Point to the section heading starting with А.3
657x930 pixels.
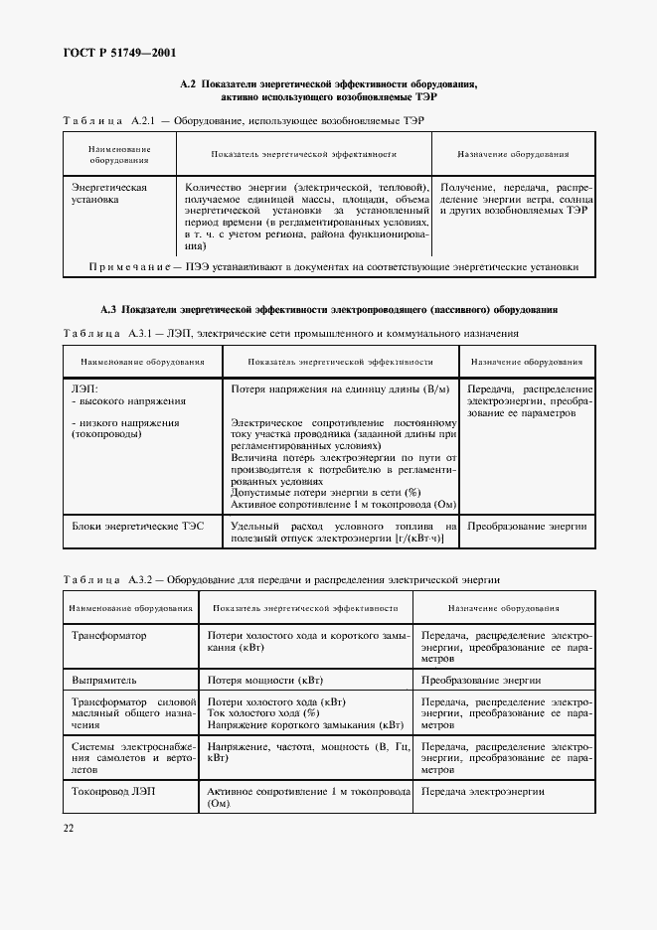[x=328, y=310]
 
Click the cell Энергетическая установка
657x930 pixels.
[x=109, y=193]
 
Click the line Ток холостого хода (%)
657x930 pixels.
[x=262, y=712]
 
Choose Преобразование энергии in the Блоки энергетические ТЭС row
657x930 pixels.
[x=527, y=526]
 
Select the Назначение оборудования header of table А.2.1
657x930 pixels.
[x=513, y=155]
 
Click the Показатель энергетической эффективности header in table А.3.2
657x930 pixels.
[x=305, y=608]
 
